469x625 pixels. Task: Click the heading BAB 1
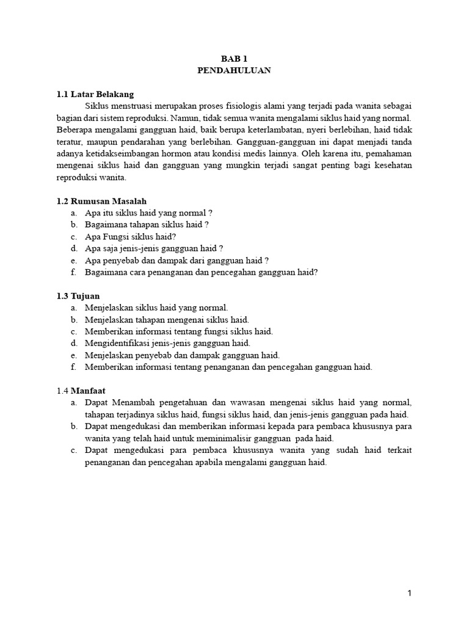(234, 59)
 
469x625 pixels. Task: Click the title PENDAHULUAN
(234, 71)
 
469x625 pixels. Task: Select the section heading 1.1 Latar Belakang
(95, 95)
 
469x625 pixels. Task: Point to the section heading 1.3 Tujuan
(78, 296)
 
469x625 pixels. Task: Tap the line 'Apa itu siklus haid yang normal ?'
(149, 213)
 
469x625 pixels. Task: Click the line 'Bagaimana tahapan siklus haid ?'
(147, 225)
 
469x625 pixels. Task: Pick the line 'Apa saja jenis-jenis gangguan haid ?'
(154, 248)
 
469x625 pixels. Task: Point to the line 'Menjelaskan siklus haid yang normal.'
(156, 308)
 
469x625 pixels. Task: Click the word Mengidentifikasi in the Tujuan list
(115, 343)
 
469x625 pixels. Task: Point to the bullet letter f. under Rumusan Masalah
(73, 272)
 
